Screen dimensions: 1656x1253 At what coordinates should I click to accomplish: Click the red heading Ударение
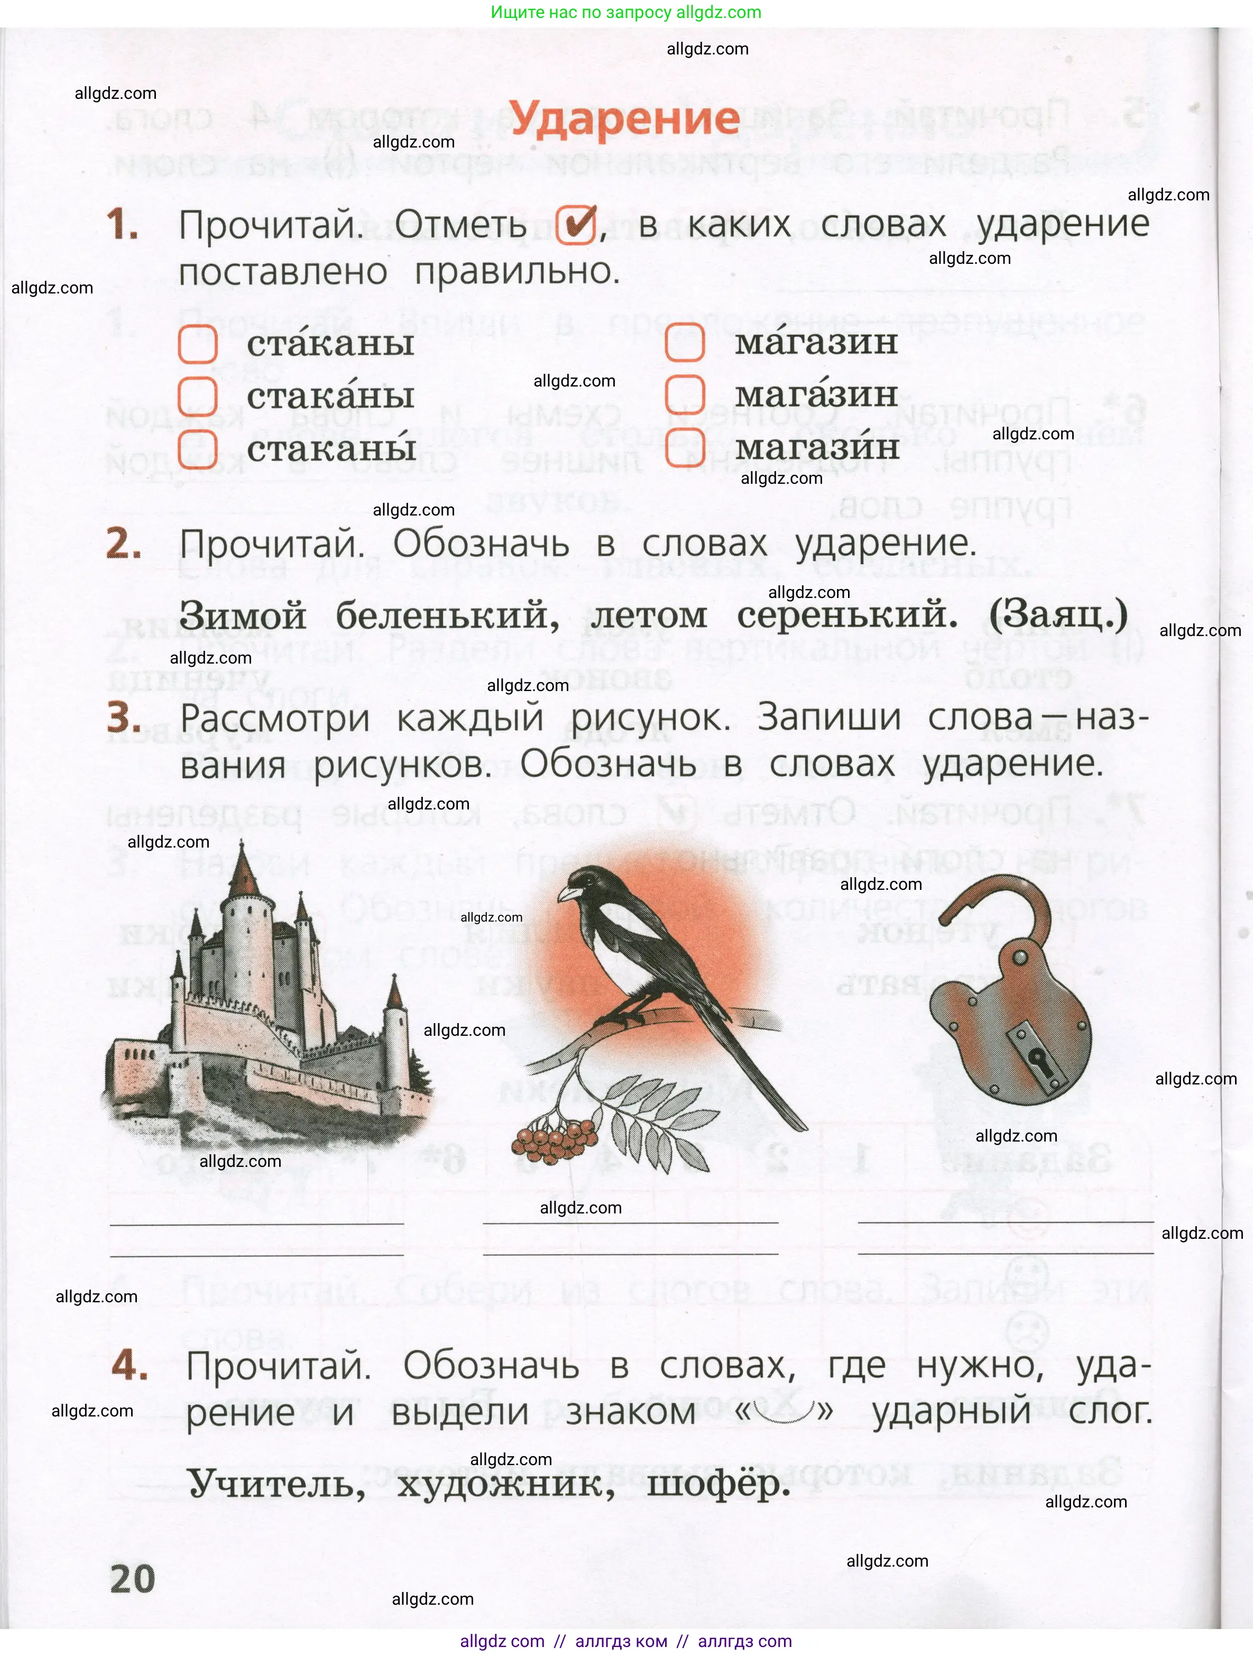(x=625, y=119)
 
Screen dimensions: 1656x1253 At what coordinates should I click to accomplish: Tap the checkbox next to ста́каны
(x=198, y=344)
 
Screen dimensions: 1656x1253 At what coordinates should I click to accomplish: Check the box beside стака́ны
(x=198, y=396)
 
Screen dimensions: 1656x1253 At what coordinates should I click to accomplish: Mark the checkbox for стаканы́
(x=198, y=448)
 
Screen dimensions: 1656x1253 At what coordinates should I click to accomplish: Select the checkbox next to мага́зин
(x=685, y=394)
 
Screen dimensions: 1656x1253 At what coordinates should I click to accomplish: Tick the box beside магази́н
(x=685, y=447)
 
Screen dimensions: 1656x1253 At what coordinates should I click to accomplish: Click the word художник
(x=505, y=1484)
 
